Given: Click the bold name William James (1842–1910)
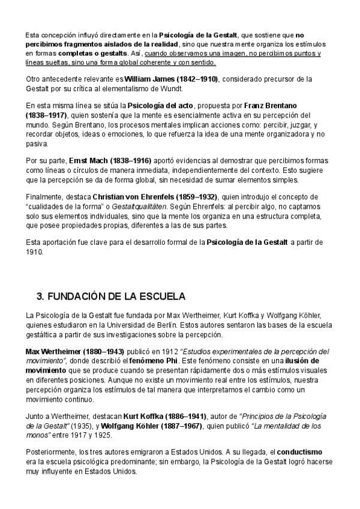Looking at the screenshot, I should point(171,79).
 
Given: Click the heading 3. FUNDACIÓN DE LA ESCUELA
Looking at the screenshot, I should point(111,297).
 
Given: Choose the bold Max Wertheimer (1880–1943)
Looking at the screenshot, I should point(75,351).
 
